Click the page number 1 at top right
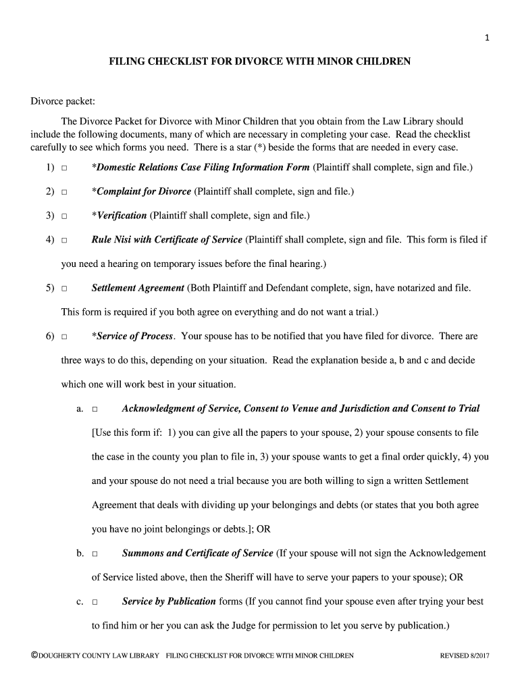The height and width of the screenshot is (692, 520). (x=486, y=38)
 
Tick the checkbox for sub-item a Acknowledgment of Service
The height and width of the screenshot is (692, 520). (x=95, y=410)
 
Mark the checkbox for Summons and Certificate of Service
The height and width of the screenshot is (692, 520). (x=95, y=554)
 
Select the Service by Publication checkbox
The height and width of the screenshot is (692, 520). (x=95, y=602)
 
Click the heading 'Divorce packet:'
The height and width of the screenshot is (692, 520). (x=63, y=101)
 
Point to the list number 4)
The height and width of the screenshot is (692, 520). (x=50, y=240)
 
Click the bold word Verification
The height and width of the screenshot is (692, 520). (x=122, y=216)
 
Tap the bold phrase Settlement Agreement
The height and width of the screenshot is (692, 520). (x=138, y=288)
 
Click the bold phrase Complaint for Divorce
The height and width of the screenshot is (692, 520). (x=144, y=191)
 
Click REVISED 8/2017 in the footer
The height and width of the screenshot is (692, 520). (x=464, y=656)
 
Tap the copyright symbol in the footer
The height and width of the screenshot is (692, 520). (x=34, y=656)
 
